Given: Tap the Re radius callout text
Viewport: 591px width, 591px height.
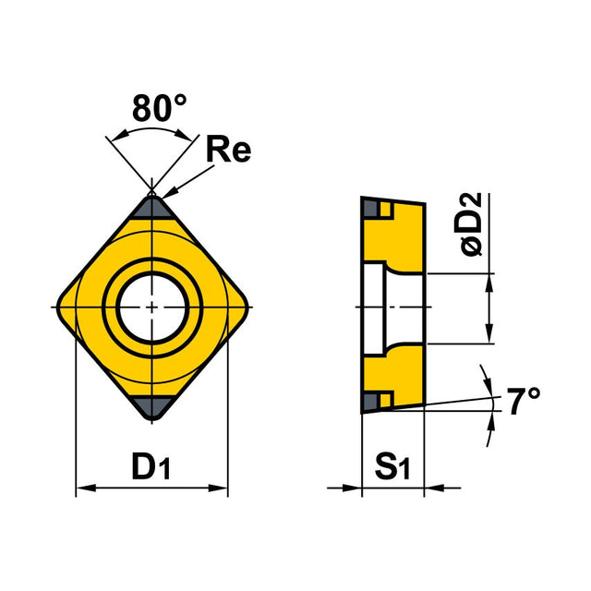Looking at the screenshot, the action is pyautogui.click(x=228, y=150).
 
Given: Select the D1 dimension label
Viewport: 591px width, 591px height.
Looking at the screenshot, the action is pyautogui.click(x=151, y=465).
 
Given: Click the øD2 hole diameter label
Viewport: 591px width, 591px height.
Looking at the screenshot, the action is pyautogui.click(x=471, y=224).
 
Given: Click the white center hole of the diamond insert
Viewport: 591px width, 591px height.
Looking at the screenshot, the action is pyautogui.click(x=151, y=308).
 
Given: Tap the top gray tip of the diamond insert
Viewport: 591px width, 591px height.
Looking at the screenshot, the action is pyautogui.click(x=151, y=208).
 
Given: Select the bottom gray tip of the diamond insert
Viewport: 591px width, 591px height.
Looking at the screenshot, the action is pyautogui.click(x=151, y=407).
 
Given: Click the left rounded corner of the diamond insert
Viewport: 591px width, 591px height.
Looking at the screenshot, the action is pyautogui.click(x=62, y=308).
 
